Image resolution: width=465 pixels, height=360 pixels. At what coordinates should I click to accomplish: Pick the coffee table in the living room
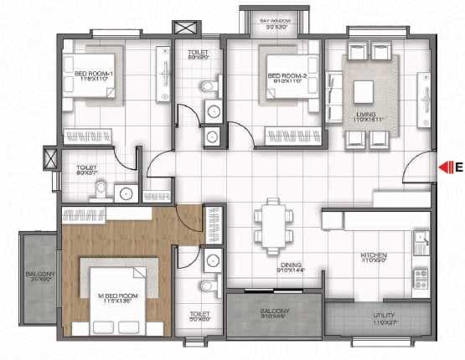tap(364, 90)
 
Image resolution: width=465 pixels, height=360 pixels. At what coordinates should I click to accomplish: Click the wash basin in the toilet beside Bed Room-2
tap(212, 110)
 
